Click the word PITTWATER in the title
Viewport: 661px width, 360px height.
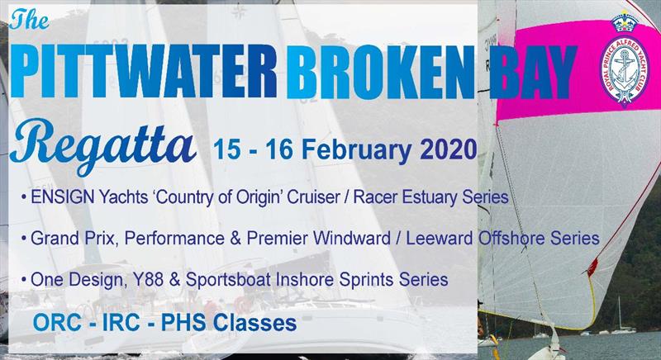click(144, 71)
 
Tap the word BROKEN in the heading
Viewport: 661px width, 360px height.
click(381, 72)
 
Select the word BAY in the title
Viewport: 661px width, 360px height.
click(533, 72)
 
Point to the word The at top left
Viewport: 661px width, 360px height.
click(29, 19)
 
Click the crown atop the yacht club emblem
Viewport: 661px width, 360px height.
click(625, 22)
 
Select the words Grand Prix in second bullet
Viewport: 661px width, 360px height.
click(73, 239)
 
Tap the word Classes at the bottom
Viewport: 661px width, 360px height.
click(254, 323)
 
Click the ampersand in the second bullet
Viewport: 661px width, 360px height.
click(235, 239)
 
